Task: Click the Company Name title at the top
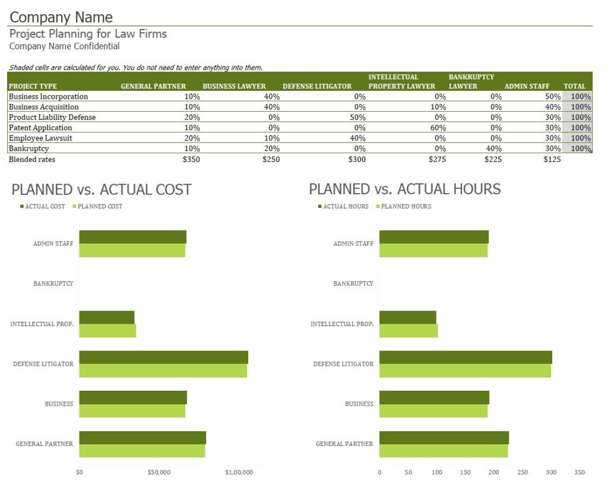[x=61, y=17]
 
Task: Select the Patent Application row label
[x=40, y=128]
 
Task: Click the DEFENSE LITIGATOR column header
[x=317, y=86]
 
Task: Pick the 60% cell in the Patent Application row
[x=438, y=128]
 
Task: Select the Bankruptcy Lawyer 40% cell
[x=494, y=148]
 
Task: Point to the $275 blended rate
[x=436, y=159]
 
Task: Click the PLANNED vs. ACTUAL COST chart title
[x=102, y=189]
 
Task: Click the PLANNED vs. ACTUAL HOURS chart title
[x=405, y=189]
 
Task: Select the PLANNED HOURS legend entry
[x=406, y=207]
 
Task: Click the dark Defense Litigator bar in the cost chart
[x=163, y=357]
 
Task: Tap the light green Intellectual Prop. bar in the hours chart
[x=408, y=331]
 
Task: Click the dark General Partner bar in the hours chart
[x=444, y=438]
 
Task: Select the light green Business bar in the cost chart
[x=132, y=411]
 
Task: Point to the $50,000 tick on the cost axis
[x=159, y=473]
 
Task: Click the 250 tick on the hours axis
[x=522, y=473]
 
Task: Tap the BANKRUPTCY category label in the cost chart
[x=53, y=284]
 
